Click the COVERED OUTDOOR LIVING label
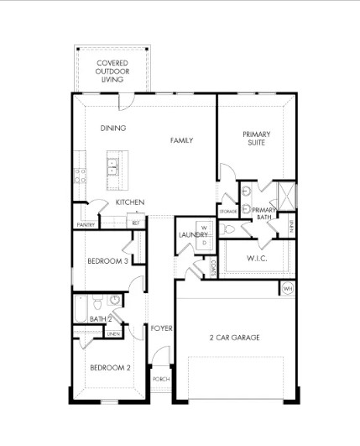[112, 71]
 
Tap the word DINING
[113, 129]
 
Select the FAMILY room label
[181, 140]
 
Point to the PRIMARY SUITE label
[256, 139]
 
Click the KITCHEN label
[129, 202]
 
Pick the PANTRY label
[85, 225]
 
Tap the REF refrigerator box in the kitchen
[135, 223]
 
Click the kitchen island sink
[111, 171]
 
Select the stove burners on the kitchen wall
[81, 175]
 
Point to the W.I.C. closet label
[257, 259]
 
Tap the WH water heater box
[287, 289]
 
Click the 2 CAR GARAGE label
[234, 338]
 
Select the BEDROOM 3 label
[107, 261]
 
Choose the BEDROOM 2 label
[110, 368]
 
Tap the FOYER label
[161, 328]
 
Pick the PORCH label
[161, 380]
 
